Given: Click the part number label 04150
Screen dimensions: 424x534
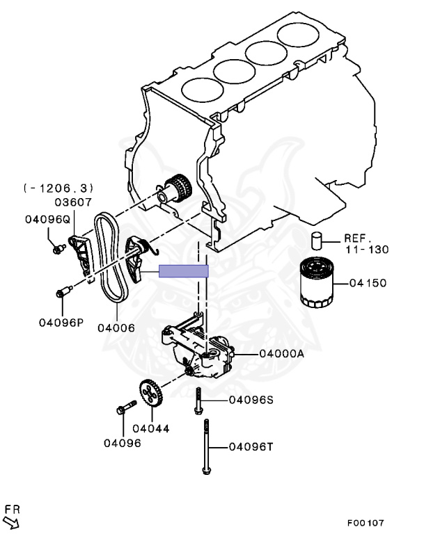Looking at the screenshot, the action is click(x=368, y=283).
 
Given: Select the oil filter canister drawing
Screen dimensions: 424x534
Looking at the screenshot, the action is click(x=316, y=282).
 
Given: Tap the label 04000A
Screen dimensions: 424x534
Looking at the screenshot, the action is click(x=281, y=353).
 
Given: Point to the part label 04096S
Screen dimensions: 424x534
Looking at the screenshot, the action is click(x=251, y=400).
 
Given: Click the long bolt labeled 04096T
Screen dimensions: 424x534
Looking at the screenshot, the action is click(x=206, y=446).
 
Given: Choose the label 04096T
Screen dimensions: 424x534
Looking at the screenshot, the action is click(x=251, y=446).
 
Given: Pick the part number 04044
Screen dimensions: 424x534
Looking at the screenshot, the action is click(x=151, y=428).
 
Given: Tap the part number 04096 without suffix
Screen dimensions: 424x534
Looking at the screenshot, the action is click(x=122, y=443).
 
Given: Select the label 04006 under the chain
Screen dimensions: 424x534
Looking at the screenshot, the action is click(x=116, y=328).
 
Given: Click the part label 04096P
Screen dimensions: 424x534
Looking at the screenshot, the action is click(x=61, y=323).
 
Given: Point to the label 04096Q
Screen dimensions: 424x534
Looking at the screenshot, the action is click(x=47, y=219).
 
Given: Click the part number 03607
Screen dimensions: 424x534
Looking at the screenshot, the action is click(x=73, y=202).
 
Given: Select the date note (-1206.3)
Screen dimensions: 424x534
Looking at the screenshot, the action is click(x=58, y=188).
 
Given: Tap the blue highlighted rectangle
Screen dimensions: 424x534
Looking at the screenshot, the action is click(x=184, y=271).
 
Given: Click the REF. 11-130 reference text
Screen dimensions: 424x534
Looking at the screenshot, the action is click(x=366, y=243).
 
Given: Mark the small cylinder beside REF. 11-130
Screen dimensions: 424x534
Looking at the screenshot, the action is click(x=317, y=241).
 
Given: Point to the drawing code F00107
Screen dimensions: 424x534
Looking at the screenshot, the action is click(x=366, y=523).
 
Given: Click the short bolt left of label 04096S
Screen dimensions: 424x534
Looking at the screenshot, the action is click(x=198, y=401).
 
